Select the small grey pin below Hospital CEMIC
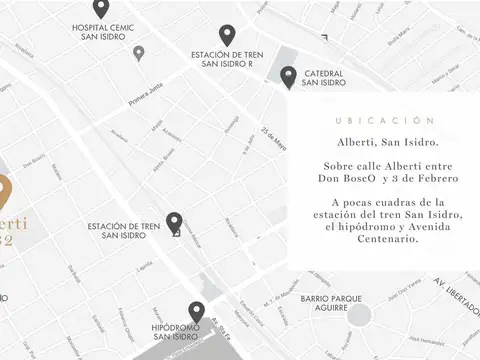click(x=138, y=52)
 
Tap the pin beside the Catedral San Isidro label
click(x=288, y=75)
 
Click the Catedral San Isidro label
click(x=323, y=78)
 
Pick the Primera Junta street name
click(x=146, y=101)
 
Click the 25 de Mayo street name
click(x=273, y=140)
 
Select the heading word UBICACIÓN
click(x=386, y=120)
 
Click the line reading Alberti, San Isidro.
click(x=386, y=144)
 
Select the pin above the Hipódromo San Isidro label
click(x=196, y=312)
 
